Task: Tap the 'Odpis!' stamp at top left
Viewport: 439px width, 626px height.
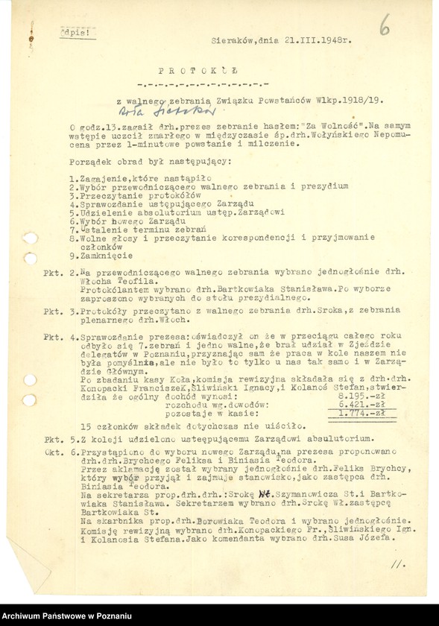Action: click(75, 33)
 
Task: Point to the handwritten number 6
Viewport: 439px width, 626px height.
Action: click(384, 28)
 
